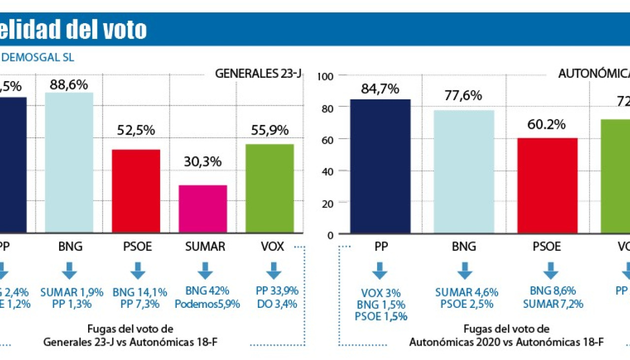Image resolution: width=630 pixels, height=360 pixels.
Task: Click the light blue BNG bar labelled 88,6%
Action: [69, 162]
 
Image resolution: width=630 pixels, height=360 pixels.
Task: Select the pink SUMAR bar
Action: [203, 209]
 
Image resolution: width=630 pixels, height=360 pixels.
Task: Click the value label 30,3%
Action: [203, 162]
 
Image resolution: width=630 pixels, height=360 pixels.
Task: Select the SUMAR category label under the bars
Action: [205, 246]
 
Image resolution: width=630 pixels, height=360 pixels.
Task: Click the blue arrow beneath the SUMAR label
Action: [205, 271]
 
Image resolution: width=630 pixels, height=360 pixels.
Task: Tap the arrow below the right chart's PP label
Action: [379, 271]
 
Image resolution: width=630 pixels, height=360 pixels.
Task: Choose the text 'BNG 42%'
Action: [207, 291]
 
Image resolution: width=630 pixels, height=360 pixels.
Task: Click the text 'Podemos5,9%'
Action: [207, 304]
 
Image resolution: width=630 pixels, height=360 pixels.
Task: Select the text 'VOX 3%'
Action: [381, 293]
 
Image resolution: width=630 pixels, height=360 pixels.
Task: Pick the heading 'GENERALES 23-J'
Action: [258, 74]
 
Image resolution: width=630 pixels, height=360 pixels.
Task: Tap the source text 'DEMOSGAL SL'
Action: [38, 58]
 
